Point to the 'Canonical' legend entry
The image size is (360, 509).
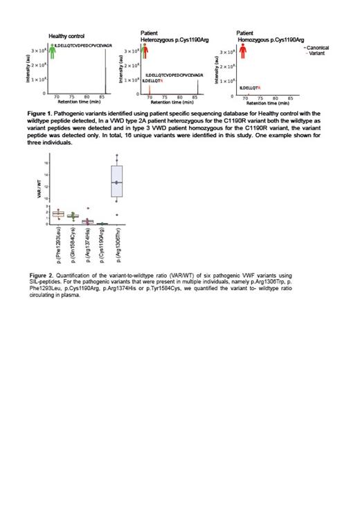[x=318, y=46]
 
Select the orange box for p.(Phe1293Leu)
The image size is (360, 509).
[x=59, y=214]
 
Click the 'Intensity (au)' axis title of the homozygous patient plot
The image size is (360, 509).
[x=217, y=73]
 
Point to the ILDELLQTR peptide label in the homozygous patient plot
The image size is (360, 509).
[x=249, y=88]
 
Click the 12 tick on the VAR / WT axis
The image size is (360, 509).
[x=46, y=186]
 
